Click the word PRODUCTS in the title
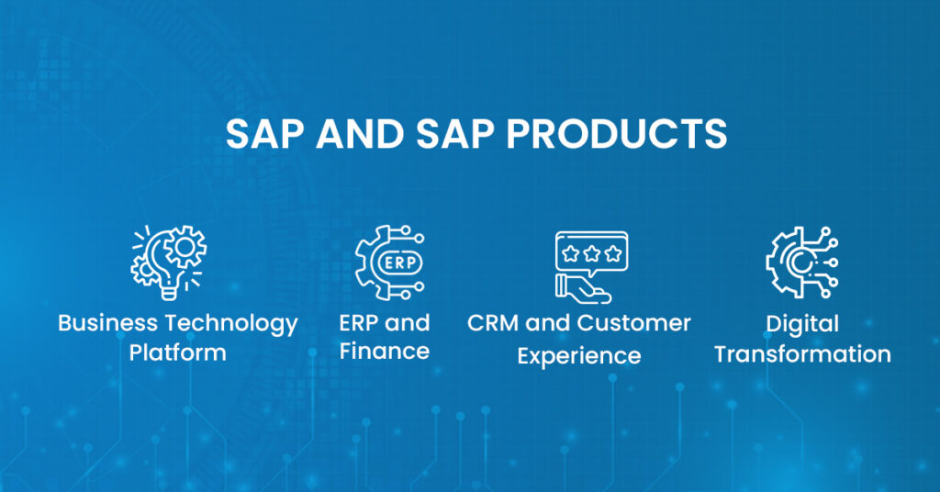pos(616,134)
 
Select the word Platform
pos(177,352)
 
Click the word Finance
pos(384,352)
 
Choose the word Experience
pos(578,355)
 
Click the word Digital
pos(802,325)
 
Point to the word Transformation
pos(802,353)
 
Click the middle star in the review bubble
pos(591,250)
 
